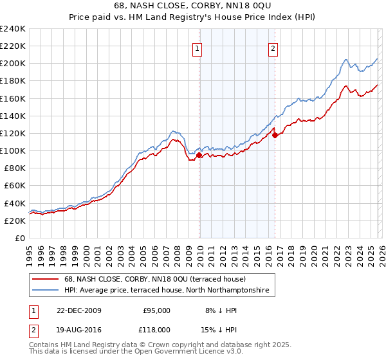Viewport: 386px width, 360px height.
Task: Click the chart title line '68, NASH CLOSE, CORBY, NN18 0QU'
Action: pos(192,7)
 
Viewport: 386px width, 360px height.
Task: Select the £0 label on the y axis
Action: pos(20,238)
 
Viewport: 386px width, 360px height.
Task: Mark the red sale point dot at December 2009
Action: pos(199,155)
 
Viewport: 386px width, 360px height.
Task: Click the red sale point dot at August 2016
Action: pos(275,135)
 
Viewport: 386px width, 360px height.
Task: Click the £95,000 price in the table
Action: pos(156,310)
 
